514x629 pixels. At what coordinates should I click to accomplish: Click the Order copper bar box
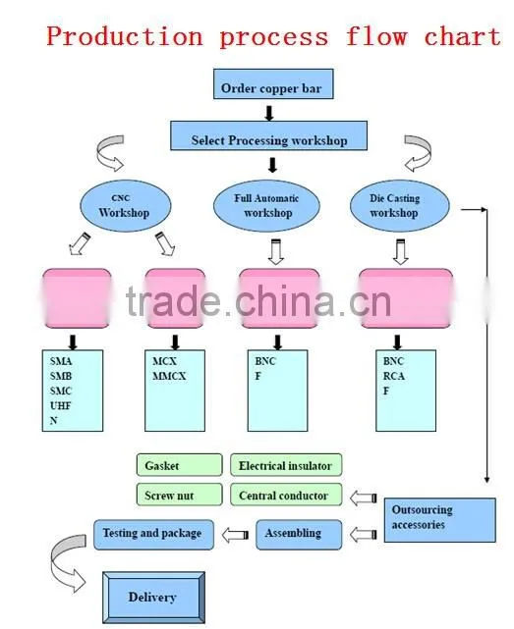click(273, 83)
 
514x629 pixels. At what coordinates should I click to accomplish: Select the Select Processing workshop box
click(269, 136)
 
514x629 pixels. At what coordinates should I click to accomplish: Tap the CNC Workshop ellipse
click(126, 206)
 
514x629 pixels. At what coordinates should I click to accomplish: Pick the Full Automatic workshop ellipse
click(266, 206)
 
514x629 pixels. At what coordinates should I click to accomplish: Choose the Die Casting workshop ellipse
click(399, 206)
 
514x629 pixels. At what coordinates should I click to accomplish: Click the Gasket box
click(179, 465)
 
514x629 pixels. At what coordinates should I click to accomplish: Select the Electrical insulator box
click(286, 465)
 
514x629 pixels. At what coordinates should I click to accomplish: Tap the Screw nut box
click(179, 495)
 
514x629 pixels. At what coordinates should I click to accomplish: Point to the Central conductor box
click(286, 495)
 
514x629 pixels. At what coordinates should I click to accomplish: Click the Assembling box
click(299, 535)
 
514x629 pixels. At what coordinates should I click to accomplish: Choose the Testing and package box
click(153, 535)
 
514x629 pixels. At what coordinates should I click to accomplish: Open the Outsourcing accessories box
click(439, 520)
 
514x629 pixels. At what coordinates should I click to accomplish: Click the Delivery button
click(153, 598)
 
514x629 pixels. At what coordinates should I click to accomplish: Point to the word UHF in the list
click(60, 405)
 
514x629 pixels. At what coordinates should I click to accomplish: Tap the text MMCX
click(169, 376)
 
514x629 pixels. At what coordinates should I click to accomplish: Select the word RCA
click(393, 376)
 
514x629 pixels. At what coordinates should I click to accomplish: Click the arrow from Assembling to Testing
click(235, 535)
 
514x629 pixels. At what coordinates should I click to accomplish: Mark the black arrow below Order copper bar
click(269, 113)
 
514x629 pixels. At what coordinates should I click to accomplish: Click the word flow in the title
click(376, 36)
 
